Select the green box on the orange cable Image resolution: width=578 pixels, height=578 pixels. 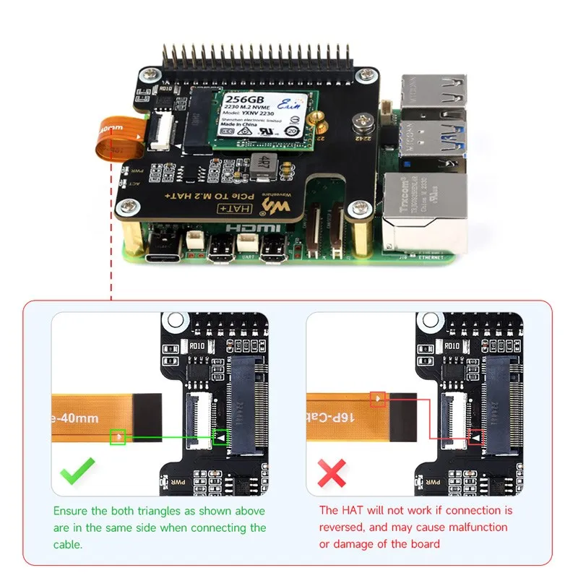click(118, 436)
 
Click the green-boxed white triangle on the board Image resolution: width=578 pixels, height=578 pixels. click(220, 437)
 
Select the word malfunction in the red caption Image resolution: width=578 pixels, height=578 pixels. click(473, 527)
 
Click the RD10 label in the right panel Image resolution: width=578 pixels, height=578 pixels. click(452, 345)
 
